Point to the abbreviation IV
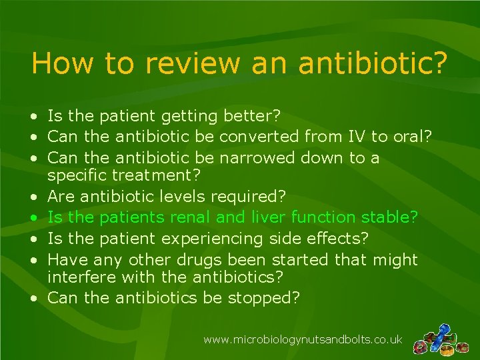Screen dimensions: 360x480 pyautogui.click(x=355, y=137)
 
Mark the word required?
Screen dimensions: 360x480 pyautogui.click(x=248, y=197)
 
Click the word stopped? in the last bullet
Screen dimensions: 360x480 pyautogui.click(x=264, y=298)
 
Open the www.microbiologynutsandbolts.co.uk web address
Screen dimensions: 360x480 pyautogui.click(x=303, y=339)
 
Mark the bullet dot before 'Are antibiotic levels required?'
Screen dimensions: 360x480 pyautogui.click(x=33, y=197)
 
